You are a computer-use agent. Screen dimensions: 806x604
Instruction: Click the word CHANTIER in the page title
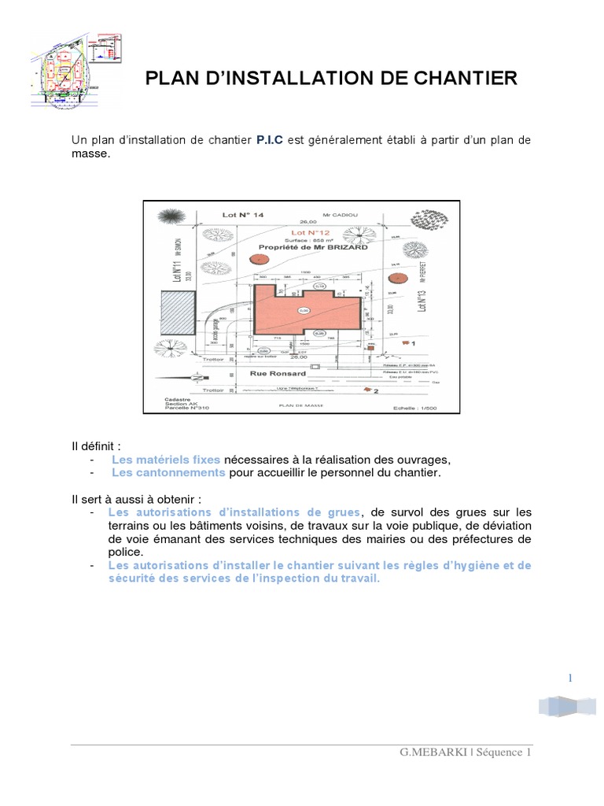464,78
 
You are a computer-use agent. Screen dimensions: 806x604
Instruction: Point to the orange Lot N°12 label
308,233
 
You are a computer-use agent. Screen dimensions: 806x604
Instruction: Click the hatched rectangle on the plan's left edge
171,315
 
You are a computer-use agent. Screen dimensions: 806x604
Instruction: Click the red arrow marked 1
407,343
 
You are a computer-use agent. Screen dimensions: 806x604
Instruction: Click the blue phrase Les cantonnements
168,473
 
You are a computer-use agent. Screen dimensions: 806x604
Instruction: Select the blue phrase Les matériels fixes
165,460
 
